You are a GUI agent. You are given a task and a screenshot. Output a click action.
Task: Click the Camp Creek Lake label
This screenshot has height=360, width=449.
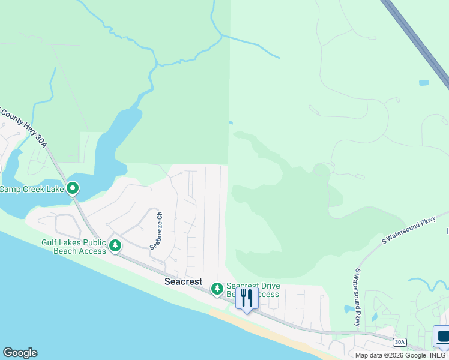point(31,190)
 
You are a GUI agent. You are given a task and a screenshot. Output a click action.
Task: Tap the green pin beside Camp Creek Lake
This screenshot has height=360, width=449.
point(73,189)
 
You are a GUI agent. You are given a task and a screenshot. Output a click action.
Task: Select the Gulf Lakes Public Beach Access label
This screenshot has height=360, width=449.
point(73,247)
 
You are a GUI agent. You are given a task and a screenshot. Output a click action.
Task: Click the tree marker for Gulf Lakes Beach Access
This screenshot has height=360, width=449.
point(115,245)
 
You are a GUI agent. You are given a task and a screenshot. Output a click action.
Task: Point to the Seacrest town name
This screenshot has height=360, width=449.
point(184,281)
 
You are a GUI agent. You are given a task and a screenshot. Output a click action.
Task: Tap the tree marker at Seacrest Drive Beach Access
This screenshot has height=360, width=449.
point(217,290)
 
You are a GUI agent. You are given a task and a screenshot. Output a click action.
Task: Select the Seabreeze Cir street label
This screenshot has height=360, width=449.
point(157,230)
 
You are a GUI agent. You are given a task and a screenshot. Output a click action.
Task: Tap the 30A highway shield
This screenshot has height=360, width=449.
point(400,342)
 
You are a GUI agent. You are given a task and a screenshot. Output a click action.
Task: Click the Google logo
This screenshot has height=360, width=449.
point(20,353)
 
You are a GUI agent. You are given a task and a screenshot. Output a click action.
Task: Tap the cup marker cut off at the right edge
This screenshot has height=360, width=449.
point(443,338)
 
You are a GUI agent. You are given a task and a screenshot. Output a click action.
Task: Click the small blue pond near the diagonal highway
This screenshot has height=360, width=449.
point(424,83)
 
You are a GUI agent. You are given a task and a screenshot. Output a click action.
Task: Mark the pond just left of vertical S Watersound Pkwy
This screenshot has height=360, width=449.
point(349,310)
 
